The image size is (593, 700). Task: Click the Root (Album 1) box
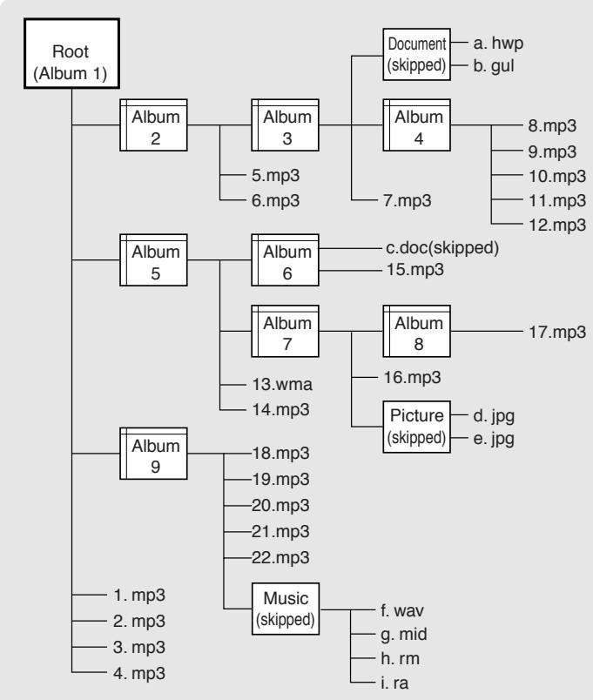coord(71,54)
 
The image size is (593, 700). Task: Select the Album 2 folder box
coord(153,125)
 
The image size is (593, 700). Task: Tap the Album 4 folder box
coord(416,125)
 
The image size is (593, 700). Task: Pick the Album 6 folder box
coord(285,259)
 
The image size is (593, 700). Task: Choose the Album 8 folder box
coord(416,331)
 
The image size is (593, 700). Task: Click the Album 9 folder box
coord(153,454)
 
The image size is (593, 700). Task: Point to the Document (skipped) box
coord(416,55)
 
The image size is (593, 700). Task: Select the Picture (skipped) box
coord(416,427)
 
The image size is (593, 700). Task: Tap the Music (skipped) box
coord(286,609)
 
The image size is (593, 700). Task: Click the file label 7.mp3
coord(408,201)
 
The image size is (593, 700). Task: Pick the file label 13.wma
coord(282,384)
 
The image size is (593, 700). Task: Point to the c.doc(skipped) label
coord(442,248)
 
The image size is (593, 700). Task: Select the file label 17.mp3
coord(557,332)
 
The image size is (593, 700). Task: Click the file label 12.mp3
coord(557,225)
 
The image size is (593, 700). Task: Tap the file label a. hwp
coord(498,44)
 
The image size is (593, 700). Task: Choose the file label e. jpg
coord(494,439)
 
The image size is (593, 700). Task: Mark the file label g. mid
coord(404,635)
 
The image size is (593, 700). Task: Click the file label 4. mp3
coord(139,673)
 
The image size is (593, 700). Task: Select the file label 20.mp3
coord(280,505)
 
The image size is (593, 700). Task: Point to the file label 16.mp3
coord(413,378)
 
